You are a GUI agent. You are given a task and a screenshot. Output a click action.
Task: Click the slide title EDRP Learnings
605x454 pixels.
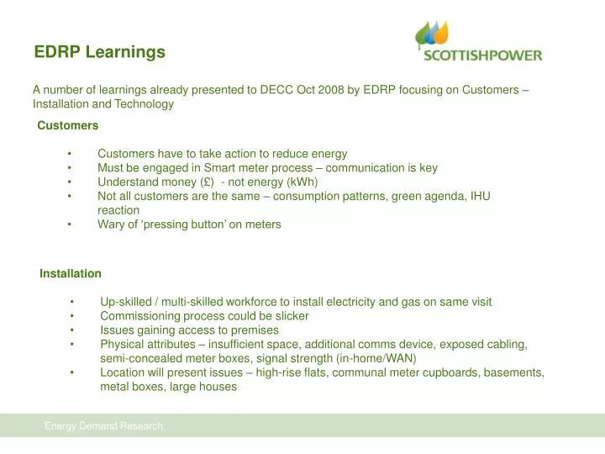point(99,52)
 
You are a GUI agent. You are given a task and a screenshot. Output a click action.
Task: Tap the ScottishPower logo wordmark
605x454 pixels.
point(481,55)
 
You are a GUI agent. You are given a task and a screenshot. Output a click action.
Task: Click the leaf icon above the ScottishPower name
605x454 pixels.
point(432,34)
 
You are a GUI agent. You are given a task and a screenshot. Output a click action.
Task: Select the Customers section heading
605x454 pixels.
point(67,125)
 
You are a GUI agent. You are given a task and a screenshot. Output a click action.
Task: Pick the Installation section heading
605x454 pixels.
point(71,273)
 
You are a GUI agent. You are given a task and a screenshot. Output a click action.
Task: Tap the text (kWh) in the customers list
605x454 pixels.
point(299,182)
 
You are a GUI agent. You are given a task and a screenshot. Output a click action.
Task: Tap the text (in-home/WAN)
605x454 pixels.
point(371,358)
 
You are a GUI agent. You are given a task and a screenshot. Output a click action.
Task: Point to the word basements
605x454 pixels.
point(514,372)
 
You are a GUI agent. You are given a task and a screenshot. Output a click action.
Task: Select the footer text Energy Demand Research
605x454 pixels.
point(104,426)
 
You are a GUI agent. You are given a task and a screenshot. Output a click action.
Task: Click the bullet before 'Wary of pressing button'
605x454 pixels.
point(70,224)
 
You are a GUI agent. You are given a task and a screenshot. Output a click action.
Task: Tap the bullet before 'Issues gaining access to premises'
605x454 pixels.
point(74,330)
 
